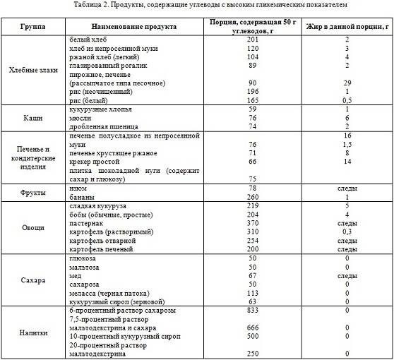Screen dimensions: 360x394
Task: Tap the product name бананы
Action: click(x=83, y=197)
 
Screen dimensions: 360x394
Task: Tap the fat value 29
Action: click(x=348, y=83)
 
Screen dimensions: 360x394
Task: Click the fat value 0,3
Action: click(x=348, y=231)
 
